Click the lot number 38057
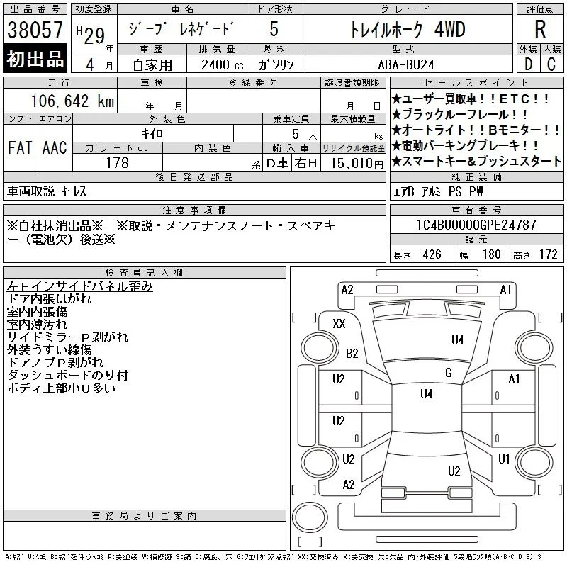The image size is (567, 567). [x=35, y=30]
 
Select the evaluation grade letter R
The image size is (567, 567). [x=540, y=29]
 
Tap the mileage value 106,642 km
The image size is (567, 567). [x=73, y=101]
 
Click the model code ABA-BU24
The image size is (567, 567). [x=406, y=64]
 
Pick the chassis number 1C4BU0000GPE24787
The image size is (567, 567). [x=476, y=225]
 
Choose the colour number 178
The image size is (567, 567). [x=117, y=163]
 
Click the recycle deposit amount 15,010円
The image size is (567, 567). [x=357, y=164]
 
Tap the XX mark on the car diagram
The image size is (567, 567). [x=339, y=323]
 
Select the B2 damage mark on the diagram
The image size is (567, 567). [x=352, y=353]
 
